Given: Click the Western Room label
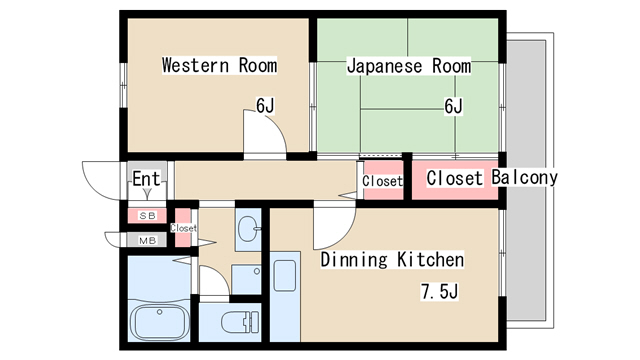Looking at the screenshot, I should pos(220,66).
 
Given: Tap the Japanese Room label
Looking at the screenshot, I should pos(408,66).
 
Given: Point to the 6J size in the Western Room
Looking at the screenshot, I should pos(265,105).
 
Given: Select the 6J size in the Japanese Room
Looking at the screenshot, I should pos(454,105).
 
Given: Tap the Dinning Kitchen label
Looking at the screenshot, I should pos(392,260).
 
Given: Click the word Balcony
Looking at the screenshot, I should pos(525,178).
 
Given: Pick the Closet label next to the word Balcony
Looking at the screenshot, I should pos(457,178).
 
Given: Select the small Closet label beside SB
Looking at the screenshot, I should pos(183,228).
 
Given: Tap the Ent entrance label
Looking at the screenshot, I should pos(146,180).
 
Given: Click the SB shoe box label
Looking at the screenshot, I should pos(147,215).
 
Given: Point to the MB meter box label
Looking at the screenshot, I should pos(147,240).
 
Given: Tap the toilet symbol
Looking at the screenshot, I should pos(236,323).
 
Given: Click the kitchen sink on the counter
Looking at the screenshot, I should pos(285,275).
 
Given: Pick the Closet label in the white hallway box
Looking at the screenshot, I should pos(382,181).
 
